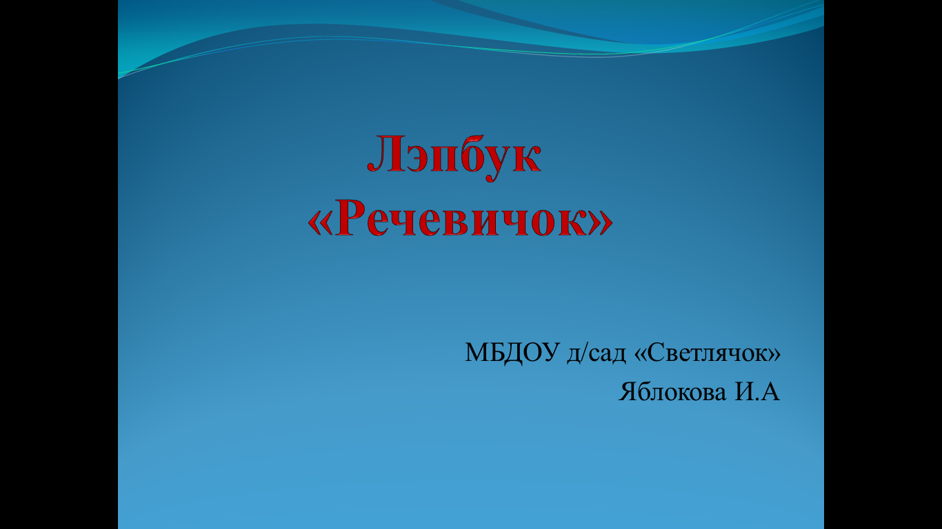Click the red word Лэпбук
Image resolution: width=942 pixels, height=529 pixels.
[454, 156]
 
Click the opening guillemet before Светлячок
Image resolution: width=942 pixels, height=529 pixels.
[641, 355]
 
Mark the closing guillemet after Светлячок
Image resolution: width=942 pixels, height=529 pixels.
[774, 355]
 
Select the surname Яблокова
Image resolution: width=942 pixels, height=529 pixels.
[672, 392]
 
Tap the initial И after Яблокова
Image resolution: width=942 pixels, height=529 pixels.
[744, 392]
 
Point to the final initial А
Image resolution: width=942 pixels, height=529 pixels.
[770, 392]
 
